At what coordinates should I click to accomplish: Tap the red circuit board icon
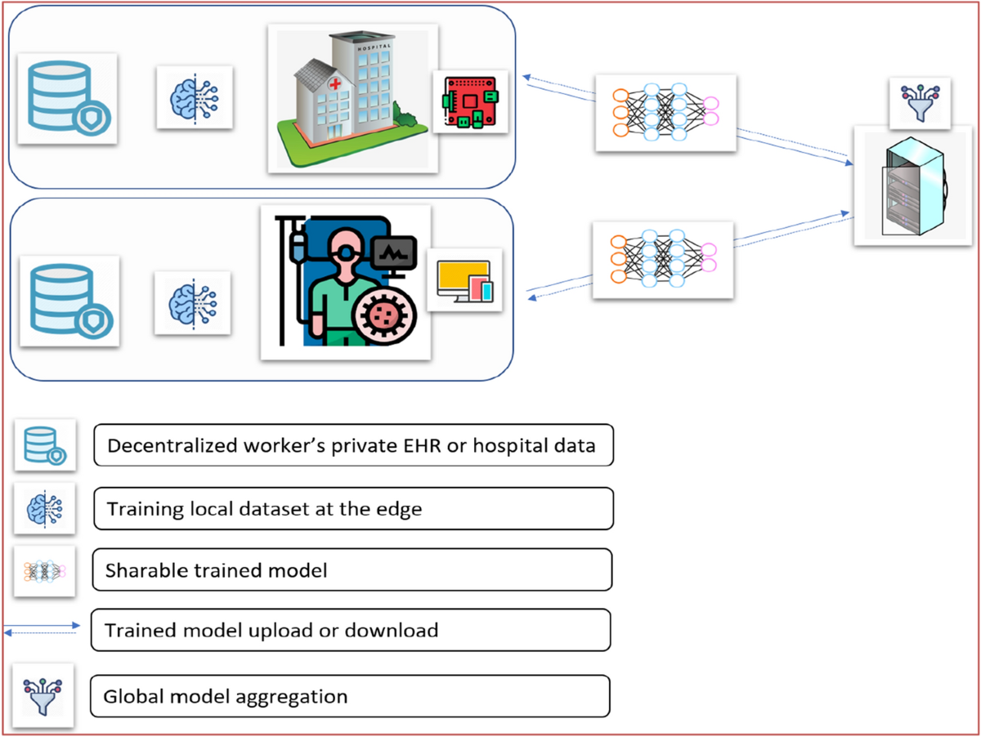click(470, 102)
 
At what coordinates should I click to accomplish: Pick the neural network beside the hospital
click(665, 113)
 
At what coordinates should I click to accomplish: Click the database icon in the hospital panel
click(67, 98)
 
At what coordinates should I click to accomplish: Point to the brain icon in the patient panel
click(193, 303)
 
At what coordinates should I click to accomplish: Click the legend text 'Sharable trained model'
click(216, 570)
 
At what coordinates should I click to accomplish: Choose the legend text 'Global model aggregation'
click(226, 697)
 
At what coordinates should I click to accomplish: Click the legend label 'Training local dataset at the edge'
click(264, 509)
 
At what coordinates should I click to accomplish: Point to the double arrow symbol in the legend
click(41, 630)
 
